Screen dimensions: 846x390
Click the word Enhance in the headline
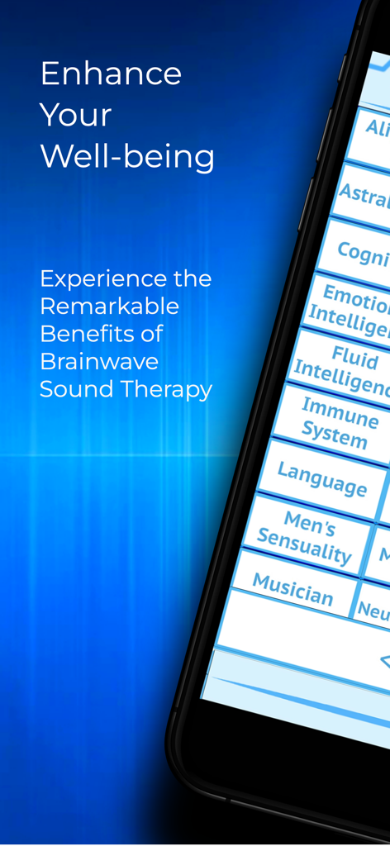click(111, 74)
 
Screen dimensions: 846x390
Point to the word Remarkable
click(109, 307)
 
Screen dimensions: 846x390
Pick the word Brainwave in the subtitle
click(99, 361)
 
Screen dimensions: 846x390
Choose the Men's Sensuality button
click(304, 536)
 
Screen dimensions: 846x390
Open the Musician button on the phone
click(292, 588)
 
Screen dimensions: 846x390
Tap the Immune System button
click(337, 421)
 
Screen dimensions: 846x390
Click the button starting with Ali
click(376, 129)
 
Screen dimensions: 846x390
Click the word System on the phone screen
click(334, 434)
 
